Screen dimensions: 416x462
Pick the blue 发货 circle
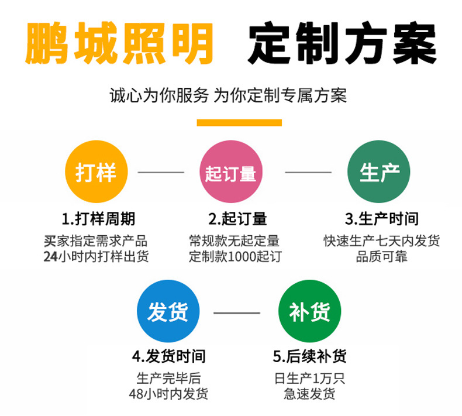(168, 311)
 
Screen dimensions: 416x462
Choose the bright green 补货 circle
(309, 311)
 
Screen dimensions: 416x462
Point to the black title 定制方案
(342, 44)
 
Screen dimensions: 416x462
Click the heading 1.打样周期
(98, 219)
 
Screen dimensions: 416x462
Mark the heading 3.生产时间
(381, 219)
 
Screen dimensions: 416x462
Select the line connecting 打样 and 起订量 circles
(160, 173)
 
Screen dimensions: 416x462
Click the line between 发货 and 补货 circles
(236, 312)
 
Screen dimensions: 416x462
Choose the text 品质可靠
(382, 257)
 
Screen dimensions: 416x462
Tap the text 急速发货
(310, 394)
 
